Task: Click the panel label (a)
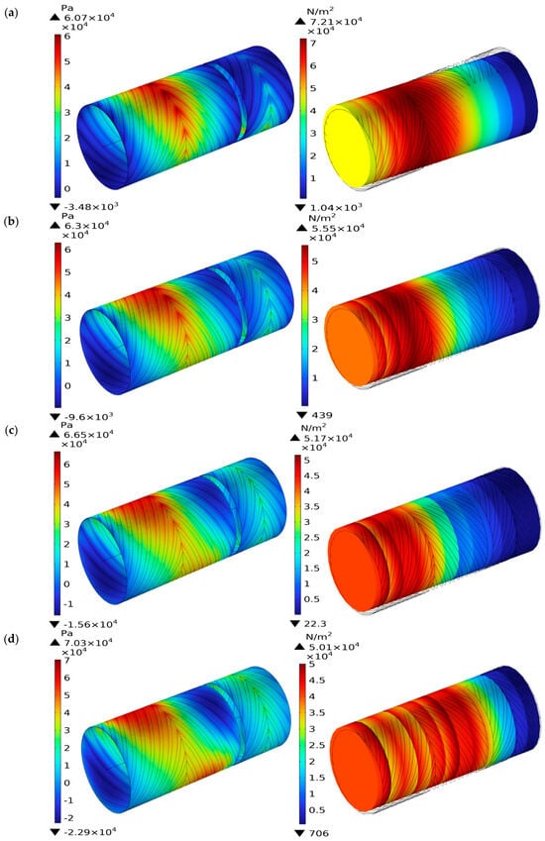[11, 13]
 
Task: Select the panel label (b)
[11, 221]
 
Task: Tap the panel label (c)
[11, 430]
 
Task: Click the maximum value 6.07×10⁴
[88, 17]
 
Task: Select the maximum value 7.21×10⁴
[335, 21]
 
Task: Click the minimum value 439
[321, 415]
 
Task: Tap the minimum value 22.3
[315, 624]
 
